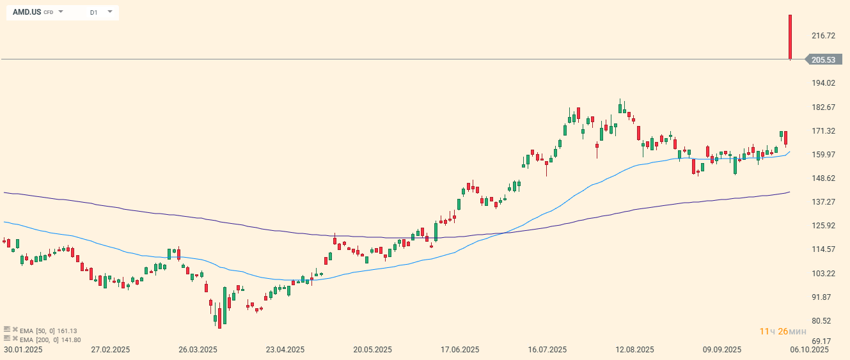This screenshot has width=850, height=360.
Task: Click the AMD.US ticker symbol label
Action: coord(27,12)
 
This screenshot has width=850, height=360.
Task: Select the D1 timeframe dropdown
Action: coord(93,12)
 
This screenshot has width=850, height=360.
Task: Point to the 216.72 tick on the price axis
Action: coord(823,36)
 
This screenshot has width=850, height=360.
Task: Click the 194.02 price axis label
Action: coord(823,83)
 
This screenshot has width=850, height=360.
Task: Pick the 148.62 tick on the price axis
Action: coord(823,178)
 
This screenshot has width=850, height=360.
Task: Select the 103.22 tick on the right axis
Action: coord(823,273)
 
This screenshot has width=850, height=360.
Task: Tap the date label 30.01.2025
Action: coord(23,350)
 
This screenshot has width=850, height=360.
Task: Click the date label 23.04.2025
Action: coord(285,350)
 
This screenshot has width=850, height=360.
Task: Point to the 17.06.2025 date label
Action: coord(460,350)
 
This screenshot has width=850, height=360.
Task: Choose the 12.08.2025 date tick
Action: coord(634,350)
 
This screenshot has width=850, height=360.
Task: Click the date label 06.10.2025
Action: coord(810,350)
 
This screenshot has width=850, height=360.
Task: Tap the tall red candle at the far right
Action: coord(791,37)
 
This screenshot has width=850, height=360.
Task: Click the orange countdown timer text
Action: coord(782,331)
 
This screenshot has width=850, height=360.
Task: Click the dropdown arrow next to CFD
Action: coord(61,12)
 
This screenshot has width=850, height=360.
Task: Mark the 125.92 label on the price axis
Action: coord(823,225)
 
